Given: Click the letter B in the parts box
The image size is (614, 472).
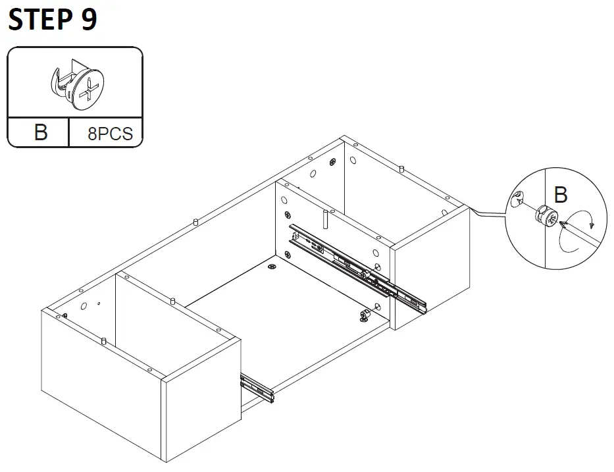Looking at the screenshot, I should click(41, 132).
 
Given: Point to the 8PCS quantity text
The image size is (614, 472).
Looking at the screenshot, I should click(110, 134).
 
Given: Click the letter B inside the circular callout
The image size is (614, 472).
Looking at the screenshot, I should click(561, 195).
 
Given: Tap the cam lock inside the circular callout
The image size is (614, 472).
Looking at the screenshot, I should click(546, 215).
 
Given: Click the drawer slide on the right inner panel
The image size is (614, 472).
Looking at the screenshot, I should click(355, 267).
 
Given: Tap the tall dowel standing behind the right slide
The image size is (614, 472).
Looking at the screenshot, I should click(325, 220).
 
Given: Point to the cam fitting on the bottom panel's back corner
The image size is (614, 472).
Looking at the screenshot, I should click(272, 267).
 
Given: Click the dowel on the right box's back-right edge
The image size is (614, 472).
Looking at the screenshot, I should click(401, 169).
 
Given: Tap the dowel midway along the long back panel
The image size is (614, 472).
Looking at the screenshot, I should click(195, 221).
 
